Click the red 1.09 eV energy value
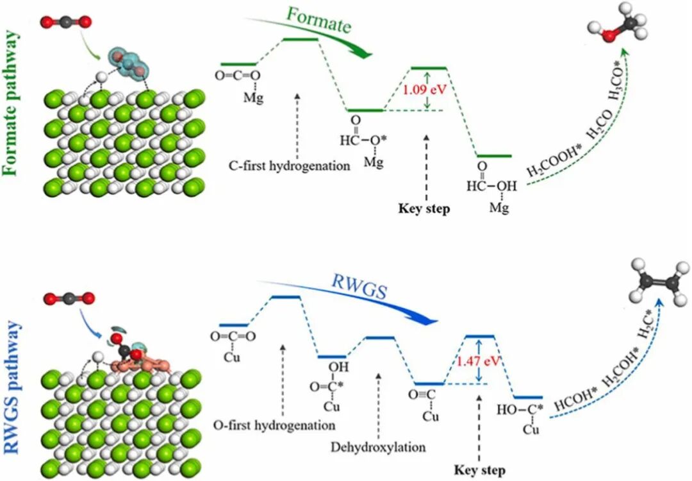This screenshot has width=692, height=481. point(424,90)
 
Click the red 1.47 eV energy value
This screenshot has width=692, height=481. point(477,360)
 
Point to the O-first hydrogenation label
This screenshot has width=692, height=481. point(275,425)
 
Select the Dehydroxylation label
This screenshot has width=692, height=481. point(379,446)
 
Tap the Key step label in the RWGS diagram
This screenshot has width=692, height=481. point(479,470)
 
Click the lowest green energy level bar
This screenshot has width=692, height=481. point(493,156)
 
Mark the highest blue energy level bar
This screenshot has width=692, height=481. point(286,297)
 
